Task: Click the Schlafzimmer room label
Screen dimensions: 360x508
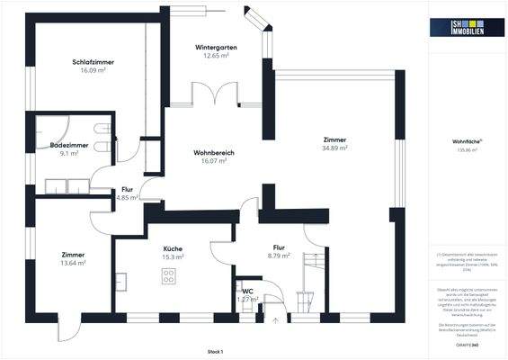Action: coord(94,61)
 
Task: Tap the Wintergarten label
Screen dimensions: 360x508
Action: coord(216,46)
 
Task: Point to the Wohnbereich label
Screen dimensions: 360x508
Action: coord(214,153)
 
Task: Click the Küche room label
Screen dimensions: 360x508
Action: coord(173,247)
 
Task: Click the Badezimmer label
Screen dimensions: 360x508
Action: coord(68,144)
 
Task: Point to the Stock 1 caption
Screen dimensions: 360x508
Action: coord(213,351)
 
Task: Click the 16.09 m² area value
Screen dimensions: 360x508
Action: coord(94,69)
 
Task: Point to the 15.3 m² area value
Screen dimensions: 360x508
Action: coord(173,256)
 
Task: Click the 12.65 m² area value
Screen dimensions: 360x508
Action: coord(216,55)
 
